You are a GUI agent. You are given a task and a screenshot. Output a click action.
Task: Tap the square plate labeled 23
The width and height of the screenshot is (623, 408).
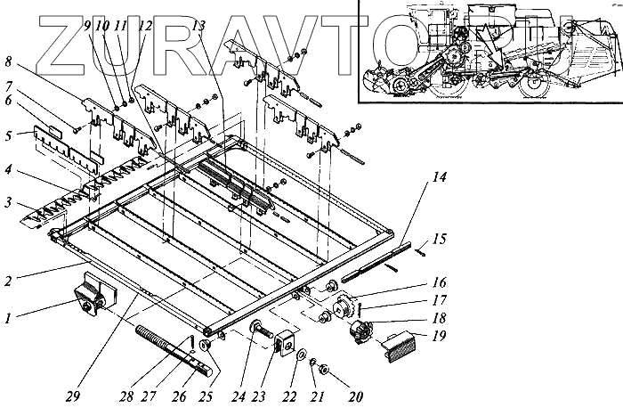pos(287,341)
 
